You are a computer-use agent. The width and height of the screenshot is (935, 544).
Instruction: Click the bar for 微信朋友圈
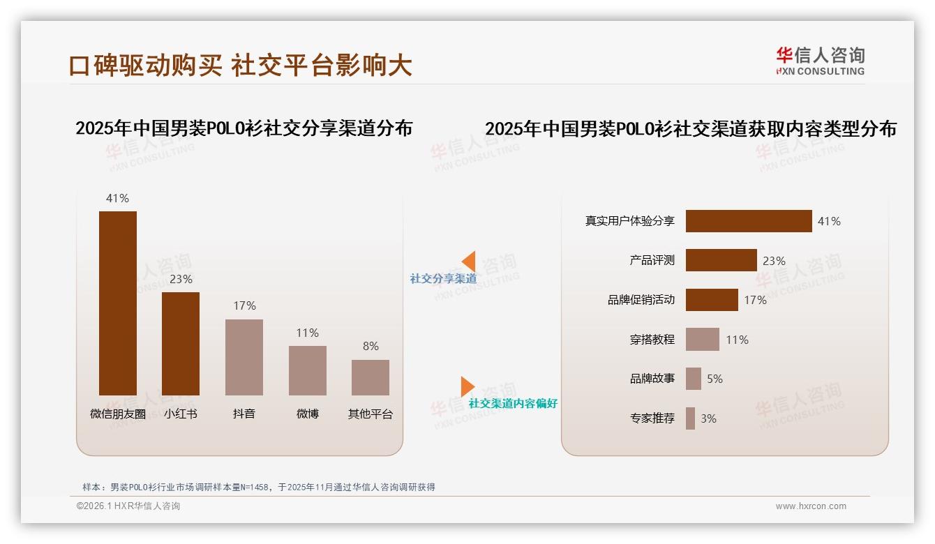click(118, 303)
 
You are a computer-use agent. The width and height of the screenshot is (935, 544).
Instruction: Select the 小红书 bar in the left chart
click(181, 343)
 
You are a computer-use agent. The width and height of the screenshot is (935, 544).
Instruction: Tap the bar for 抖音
click(244, 357)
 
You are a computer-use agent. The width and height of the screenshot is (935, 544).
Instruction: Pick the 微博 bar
click(307, 370)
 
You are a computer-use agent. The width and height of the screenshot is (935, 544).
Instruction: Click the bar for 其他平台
click(371, 377)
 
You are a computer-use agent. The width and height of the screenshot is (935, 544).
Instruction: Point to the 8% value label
click(371, 346)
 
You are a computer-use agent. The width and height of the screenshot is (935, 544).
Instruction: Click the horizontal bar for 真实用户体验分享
click(749, 221)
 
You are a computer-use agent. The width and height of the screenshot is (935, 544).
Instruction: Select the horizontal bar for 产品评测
click(721, 260)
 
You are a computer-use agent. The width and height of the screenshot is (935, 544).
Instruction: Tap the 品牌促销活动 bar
click(712, 300)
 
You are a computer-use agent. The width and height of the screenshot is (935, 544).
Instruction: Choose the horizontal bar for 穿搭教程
click(702, 340)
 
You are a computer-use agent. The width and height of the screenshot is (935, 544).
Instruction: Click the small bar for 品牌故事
click(693, 379)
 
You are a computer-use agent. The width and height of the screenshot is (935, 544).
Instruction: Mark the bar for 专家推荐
click(690, 418)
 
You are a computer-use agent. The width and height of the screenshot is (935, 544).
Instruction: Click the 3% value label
click(708, 418)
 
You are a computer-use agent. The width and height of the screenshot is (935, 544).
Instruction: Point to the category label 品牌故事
click(652, 379)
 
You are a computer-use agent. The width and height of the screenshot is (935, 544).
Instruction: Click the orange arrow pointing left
click(469, 262)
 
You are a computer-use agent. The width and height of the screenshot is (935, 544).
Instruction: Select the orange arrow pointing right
click(467, 386)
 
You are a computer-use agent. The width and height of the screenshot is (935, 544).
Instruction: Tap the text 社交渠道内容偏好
click(513, 404)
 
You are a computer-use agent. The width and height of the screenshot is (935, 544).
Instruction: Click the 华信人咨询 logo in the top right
click(820, 61)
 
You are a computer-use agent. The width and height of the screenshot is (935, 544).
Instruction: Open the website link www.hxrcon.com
click(811, 506)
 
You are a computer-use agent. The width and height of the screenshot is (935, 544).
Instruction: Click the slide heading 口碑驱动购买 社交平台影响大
click(241, 66)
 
